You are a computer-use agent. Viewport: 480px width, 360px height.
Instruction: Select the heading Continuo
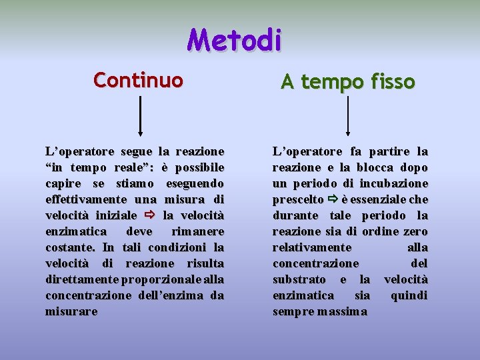point(138,81)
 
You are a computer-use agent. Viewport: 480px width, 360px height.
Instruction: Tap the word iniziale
point(113,215)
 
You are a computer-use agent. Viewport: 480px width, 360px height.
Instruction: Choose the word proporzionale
point(163,279)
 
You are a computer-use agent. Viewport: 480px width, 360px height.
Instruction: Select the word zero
point(415,231)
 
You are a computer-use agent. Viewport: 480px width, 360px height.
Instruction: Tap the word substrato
point(299,279)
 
